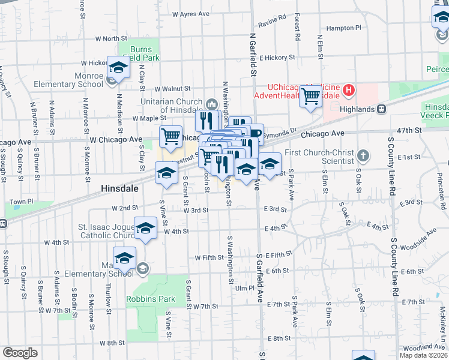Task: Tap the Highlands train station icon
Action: pyautogui.click(x=381, y=109)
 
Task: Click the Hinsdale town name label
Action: pyautogui.click(x=119, y=188)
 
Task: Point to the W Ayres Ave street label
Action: pyautogui.click(x=190, y=13)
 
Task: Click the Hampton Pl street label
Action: pyautogui.click(x=343, y=28)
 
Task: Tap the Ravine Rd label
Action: pyautogui.click(x=272, y=24)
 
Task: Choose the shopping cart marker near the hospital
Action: pyautogui.click(x=310, y=96)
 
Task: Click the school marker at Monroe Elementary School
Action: pyautogui.click(x=118, y=67)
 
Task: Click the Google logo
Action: pyautogui.click(x=20, y=352)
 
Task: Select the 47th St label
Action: pyautogui.click(x=409, y=130)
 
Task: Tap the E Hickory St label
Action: pyautogui.click(x=282, y=58)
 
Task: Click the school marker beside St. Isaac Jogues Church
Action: pyautogui.click(x=145, y=229)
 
